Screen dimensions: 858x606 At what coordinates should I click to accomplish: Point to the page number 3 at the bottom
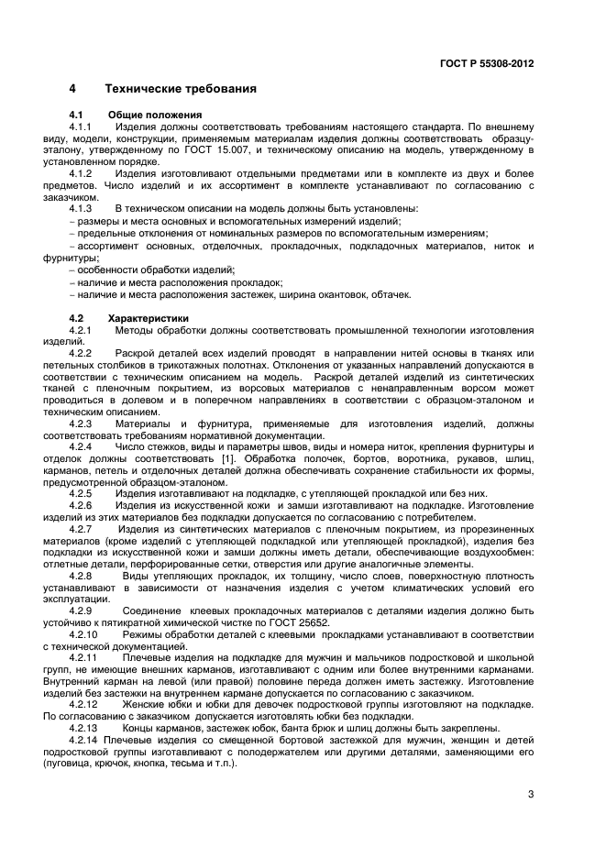coord(531,795)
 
